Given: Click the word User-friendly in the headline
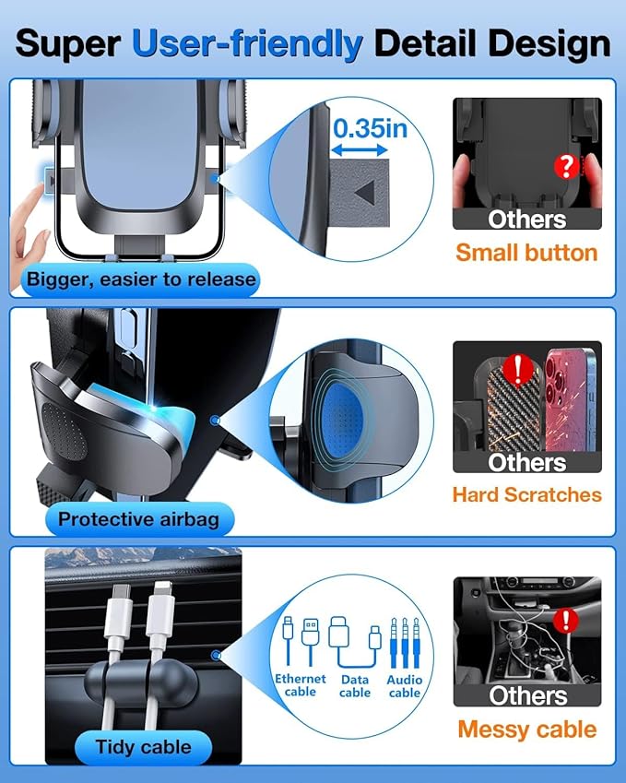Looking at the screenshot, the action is click(247, 44).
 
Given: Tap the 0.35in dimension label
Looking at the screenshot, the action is click(370, 128).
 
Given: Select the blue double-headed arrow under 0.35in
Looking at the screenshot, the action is click(360, 149).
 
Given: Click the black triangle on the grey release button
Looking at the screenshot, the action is click(365, 193).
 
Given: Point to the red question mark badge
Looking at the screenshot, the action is click(567, 166).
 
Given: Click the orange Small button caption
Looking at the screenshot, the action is click(526, 253).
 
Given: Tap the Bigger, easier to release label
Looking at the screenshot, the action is click(141, 279).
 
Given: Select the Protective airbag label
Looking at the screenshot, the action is click(139, 519).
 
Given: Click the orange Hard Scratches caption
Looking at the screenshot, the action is click(526, 495).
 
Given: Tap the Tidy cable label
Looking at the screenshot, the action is click(143, 747).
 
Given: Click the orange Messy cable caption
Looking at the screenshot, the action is click(527, 730).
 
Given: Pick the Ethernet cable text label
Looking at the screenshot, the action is click(300, 685).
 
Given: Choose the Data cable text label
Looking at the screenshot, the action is click(355, 686).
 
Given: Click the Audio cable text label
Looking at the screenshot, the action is click(405, 686).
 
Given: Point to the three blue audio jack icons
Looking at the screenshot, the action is click(405, 643).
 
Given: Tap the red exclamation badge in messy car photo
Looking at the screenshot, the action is click(566, 620).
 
